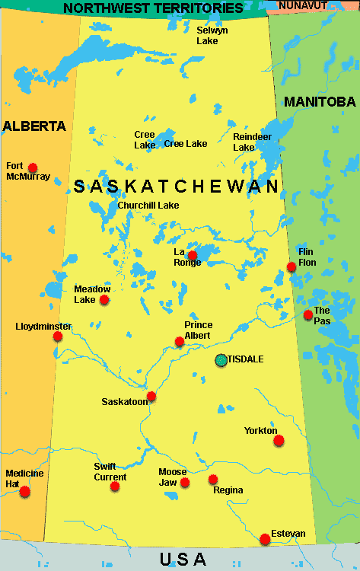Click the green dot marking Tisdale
(221, 359)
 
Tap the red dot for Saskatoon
(151, 396)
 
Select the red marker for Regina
(213, 479)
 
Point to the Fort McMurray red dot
(33, 167)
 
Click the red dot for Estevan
(265, 539)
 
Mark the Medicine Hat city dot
(24, 492)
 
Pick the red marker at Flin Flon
(292, 266)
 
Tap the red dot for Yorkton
(279, 440)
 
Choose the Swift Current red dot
(115, 486)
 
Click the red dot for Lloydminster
(58, 336)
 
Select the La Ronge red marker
(193, 256)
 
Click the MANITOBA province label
(320, 101)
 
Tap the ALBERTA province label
(34, 126)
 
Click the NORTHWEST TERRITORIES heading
(153, 8)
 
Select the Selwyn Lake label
(207, 35)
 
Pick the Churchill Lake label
(148, 206)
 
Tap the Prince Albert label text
(199, 330)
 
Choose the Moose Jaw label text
(173, 477)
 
